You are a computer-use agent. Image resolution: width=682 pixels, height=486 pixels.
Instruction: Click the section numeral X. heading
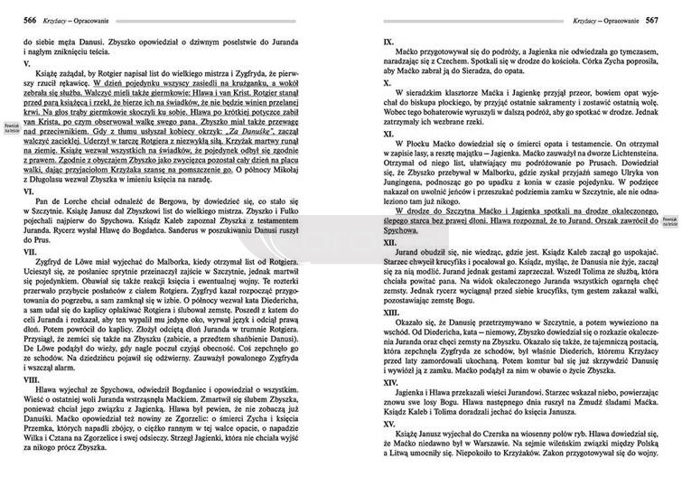(x=387, y=82)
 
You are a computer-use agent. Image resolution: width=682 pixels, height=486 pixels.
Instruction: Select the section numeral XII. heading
(x=389, y=243)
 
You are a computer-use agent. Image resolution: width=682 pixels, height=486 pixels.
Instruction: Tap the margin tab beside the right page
(x=670, y=221)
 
